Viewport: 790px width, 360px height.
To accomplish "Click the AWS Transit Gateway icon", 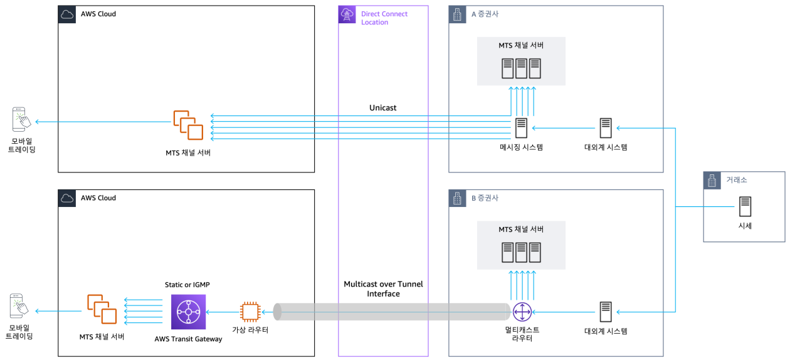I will [x=188, y=312].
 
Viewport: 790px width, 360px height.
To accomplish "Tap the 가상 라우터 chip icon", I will [x=250, y=312].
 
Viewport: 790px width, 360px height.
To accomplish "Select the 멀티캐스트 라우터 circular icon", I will [x=522, y=311].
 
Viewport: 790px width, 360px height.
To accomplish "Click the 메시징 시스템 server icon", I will [x=521, y=128].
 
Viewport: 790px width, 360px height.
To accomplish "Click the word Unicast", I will [x=382, y=108].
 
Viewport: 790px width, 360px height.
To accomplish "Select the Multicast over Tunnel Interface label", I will [x=383, y=289].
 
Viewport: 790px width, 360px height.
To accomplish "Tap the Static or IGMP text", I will [x=187, y=285].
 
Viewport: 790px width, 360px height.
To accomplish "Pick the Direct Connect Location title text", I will [x=384, y=18].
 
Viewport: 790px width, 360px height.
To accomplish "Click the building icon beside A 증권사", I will [x=458, y=14].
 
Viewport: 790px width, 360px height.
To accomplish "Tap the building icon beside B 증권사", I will [x=458, y=198].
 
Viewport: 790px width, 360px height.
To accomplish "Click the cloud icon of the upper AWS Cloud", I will [x=67, y=14].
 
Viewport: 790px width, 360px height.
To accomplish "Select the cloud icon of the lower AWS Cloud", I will [x=67, y=198].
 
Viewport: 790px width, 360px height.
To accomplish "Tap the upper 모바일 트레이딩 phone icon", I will [x=20, y=119].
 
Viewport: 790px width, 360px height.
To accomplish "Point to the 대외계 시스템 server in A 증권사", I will [x=605, y=128].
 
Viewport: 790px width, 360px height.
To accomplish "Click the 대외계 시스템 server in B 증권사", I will [x=605, y=312].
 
